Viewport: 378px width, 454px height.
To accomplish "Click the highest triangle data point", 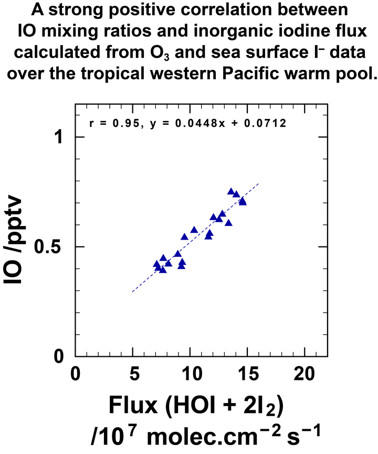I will [231, 191].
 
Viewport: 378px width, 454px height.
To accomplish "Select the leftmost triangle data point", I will [156, 264].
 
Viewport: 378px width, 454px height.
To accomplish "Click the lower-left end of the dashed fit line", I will [133, 291].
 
